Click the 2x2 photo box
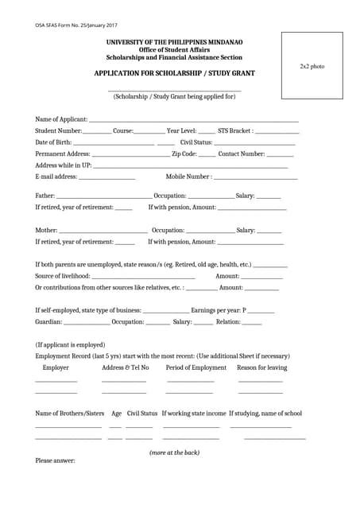pos(312,66)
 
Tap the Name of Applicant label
pos(62,119)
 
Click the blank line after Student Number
pos(97,131)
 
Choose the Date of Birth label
pos(54,142)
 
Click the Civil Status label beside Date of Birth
pos(196,142)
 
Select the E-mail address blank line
pos(106,177)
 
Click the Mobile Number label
pos(188,177)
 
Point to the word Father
pos(45,195)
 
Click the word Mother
pos(46,230)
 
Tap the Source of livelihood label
pos(63,276)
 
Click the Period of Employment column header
pos(196,367)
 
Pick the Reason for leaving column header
pos(262,367)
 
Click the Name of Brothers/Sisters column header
pos(70,414)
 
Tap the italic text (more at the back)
pos(175,453)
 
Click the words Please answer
pos(56,461)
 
